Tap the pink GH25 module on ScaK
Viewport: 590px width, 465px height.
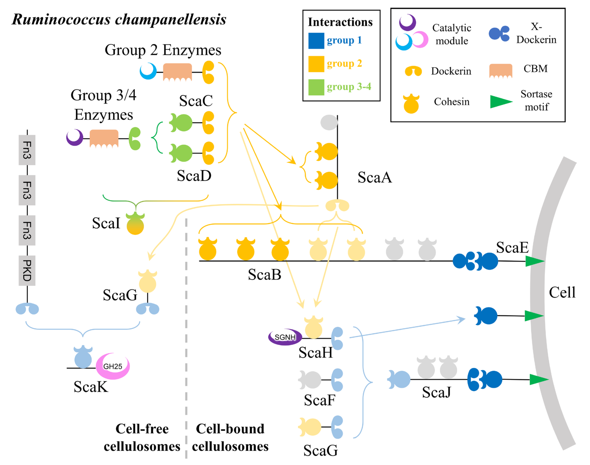click(x=113, y=366)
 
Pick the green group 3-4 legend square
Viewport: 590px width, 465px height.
click(x=316, y=87)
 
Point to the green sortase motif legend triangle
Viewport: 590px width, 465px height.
click(x=500, y=102)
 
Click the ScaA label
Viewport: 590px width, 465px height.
click(x=374, y=178)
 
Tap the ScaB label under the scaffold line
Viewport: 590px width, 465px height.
click(x=264, y=275)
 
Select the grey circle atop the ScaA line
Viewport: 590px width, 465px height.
click(x=329, y=122)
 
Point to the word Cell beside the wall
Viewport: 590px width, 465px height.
click(x=562, y=293)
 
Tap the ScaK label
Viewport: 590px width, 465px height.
click(x=91, y=387)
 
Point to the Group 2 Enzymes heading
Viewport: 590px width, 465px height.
click(x=163, y=50)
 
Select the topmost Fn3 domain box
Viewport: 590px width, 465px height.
click(x=27, y=150)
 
